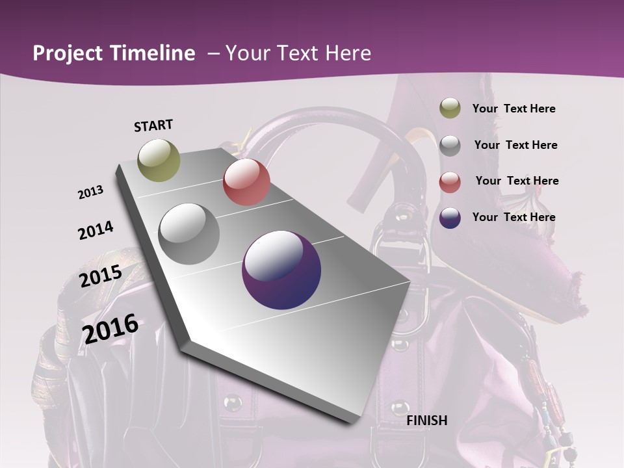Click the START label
153,125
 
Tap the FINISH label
427,421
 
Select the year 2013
90,192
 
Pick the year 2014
96,230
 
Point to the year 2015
101,276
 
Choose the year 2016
110,329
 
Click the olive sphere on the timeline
159,160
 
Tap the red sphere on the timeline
246,182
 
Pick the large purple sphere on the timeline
281,270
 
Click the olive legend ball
450,109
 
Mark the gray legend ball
450,145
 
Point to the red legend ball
450,181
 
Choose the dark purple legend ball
450,218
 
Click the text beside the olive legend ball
513,109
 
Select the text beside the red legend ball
517,181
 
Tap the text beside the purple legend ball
513,217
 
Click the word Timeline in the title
153,53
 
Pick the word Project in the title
68,54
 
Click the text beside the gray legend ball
515,145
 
